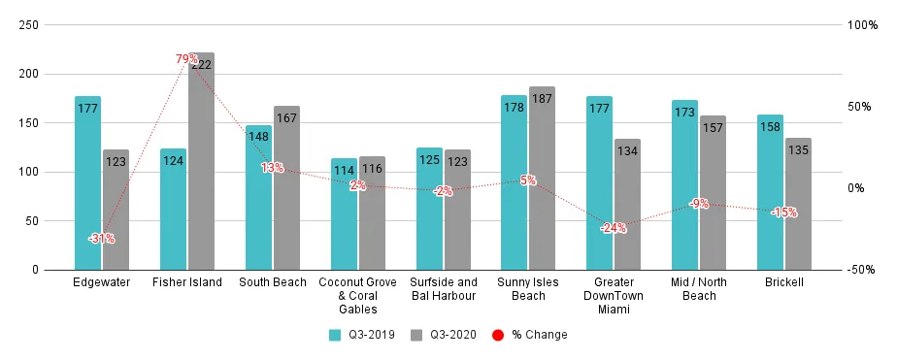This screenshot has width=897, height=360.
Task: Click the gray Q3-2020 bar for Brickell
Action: [x=798, y=203]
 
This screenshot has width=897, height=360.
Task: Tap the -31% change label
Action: [x=101, y=238]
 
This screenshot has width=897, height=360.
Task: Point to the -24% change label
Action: [x=613, y=228]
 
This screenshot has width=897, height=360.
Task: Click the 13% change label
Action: [x=272, y=167]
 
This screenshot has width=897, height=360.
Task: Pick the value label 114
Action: [x=344, y=171]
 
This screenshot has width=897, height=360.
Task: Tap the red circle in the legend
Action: [x=497, y=335]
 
